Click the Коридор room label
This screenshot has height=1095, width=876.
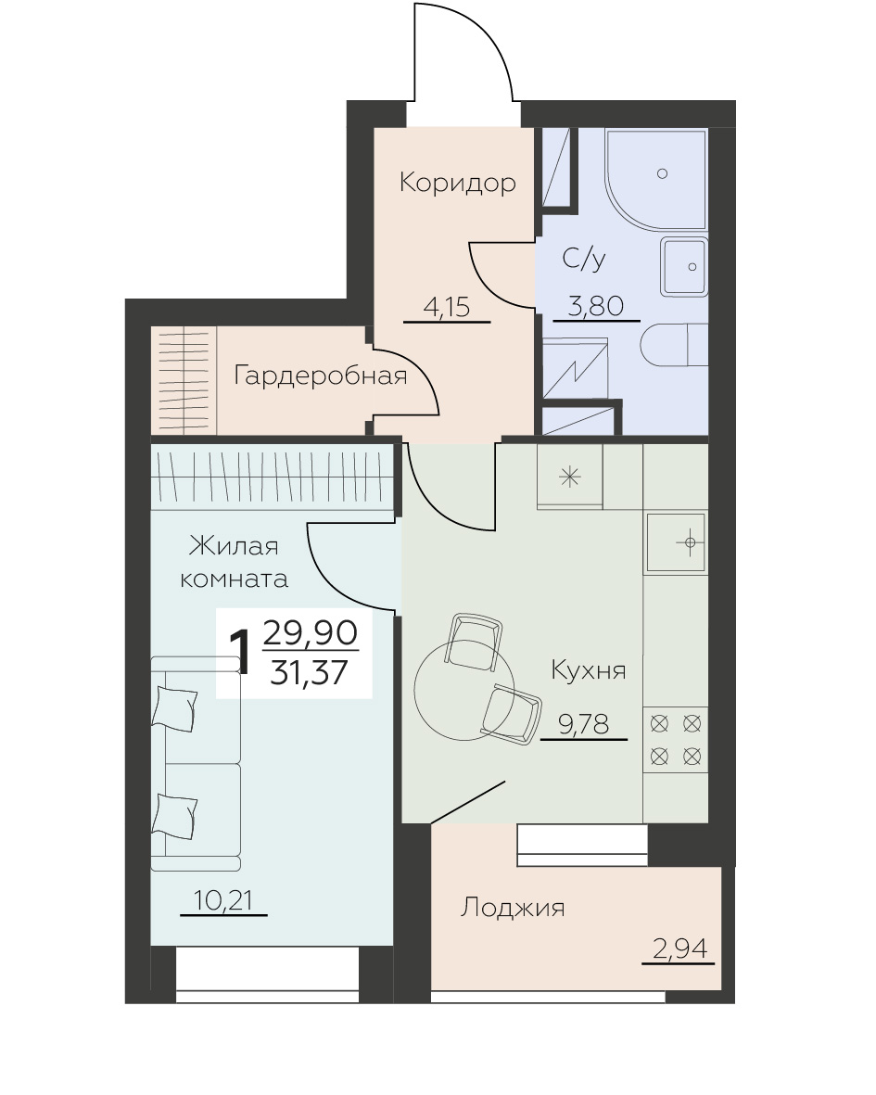coord(458,183)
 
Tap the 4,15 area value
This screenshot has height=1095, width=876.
coord(447,307)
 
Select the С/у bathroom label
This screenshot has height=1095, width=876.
coord(583,259)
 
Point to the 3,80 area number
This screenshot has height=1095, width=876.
coord(595,306)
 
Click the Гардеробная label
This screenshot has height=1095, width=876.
coord(321,376)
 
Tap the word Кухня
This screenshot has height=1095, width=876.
coord(589,669)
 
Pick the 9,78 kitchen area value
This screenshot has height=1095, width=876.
coord(583,724)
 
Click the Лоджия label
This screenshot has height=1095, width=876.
coord(513,907)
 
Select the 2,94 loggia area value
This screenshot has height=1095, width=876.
coord(679,949)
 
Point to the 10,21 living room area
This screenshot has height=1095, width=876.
coord(222,901)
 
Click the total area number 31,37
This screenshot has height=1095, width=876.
coord(310,672)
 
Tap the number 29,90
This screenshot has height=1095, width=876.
coord(311,632)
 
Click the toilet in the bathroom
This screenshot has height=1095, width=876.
coord(674,344)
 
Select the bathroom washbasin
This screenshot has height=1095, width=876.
coord(684,267)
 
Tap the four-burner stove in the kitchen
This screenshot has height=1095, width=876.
coord(676,740)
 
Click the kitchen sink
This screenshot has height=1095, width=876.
coord(676,542)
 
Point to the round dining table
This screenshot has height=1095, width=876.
coord(464,690)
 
